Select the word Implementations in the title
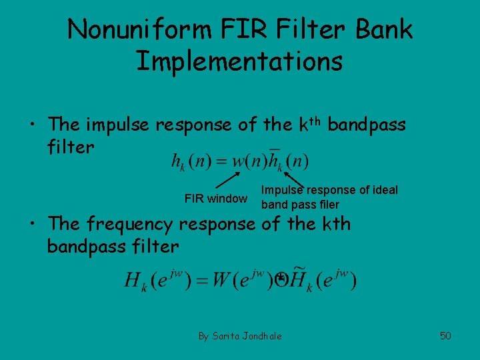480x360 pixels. click(x=239, y=61)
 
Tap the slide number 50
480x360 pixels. click(x=445, y=335)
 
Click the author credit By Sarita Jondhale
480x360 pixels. click(x=240, y=335)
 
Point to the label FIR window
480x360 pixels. click(x=215, y=199)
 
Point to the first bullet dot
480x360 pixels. click(x=33, y=125)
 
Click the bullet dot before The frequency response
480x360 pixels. click(x=33, y=225)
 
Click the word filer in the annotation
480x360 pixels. click(x=327, y=205)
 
